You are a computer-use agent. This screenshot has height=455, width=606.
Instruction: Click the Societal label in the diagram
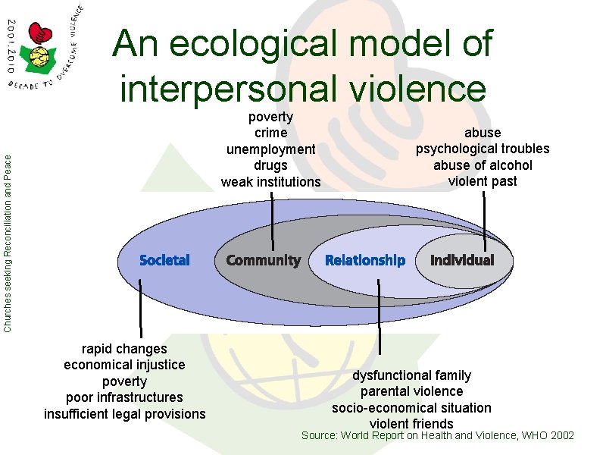point(164,260)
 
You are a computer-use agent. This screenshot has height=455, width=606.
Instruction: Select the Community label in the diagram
point(263,260)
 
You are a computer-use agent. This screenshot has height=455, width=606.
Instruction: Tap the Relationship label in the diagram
point(365,260)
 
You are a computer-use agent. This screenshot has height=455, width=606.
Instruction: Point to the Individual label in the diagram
point(462,260)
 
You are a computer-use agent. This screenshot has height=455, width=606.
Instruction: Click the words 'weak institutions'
point(270,182)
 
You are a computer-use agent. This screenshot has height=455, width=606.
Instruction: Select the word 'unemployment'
point(270,149)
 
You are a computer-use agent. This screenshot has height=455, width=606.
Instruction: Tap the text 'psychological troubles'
point(483,149)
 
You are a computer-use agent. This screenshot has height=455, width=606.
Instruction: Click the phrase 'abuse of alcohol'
point(483,165)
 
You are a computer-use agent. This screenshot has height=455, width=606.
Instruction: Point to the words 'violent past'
point(483,181)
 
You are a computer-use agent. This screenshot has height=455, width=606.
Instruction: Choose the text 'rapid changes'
point(124,349)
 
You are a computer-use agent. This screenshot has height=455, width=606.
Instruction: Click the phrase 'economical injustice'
point(124,365)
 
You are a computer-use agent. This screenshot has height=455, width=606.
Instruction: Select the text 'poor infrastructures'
point(124,397)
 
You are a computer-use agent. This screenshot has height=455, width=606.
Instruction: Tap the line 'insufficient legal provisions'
point(124,413)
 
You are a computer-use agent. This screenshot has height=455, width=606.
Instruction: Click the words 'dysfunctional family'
point(411,375)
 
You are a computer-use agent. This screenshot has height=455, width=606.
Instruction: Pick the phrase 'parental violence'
point(411,391)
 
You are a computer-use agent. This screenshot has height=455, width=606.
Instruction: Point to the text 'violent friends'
point(411,424)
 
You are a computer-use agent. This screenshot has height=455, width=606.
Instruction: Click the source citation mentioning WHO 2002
point(438,436)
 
